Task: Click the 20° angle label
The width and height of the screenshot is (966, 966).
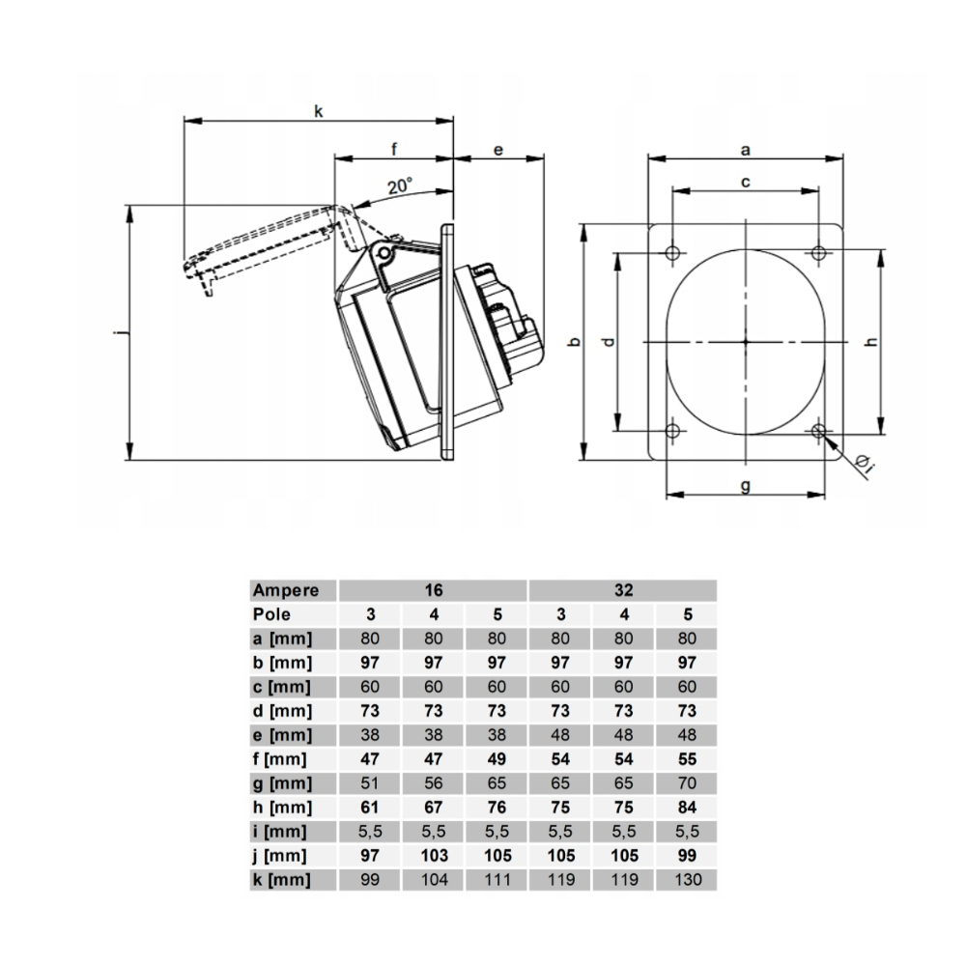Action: (399, 186)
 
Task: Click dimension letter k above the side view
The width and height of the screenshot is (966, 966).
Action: (318, 111)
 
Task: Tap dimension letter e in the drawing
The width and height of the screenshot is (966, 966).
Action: (498, 150)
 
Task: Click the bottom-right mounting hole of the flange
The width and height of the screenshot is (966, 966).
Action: (819, 431)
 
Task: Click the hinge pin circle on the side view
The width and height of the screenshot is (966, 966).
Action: (384, 254)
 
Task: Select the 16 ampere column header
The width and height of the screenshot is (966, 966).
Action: (433, 590)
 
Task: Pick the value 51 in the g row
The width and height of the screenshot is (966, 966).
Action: (369, 783)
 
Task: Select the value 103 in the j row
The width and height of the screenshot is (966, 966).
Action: (433, 856)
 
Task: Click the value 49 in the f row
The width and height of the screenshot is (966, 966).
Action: (496, 759)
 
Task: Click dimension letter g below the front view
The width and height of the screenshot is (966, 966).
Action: (746, 485)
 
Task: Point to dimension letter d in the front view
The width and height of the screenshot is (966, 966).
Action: (607, 342)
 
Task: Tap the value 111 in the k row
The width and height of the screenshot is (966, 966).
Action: (496, 880)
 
